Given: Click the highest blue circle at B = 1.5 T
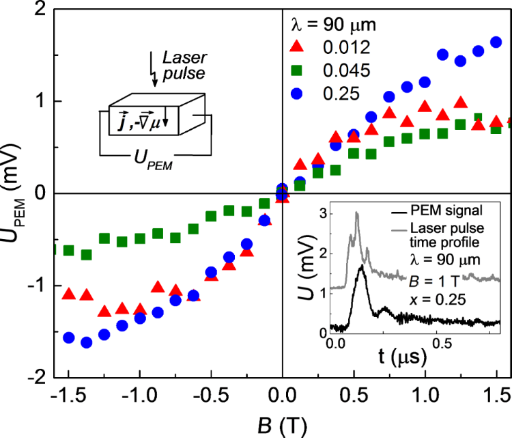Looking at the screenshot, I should click(x=496, y=42).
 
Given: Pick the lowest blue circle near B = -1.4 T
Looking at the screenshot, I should click(x=87, y=342).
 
